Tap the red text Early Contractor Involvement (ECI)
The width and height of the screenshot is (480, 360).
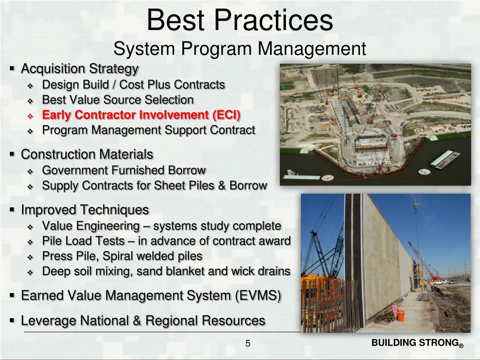pyautogui.click(x=141, y=115)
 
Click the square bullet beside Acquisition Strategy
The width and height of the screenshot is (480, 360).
pyautogui.click(x=12, y=69)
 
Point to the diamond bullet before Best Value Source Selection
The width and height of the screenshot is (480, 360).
pyautogui.click(x=30, y=100)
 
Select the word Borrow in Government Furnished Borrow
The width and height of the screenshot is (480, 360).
pyautogui.click(x=188, y=170)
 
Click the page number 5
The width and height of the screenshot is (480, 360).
pyautogui.click(x=248, y=345)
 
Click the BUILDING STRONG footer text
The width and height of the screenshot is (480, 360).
pyautogui.click(x=414, y=343)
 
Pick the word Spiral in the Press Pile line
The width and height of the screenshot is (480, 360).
pyautogui.click(x=120, y=256)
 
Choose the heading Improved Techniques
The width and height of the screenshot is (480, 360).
pyautogui.click(x=85, y=210)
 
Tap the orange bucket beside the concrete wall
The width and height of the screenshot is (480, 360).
pyautogui.click(x=401, y=316)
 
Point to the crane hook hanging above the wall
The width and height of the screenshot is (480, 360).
pyautogui.click(x=415, y=206)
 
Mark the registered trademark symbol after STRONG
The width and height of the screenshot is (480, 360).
pyautogui.click(x=461, y=346)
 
